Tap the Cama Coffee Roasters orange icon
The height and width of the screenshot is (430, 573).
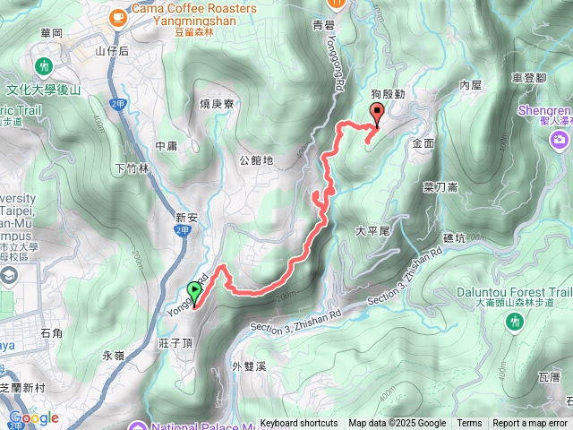pyautogui.click(x=117, y=16)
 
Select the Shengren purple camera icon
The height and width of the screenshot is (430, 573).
pyautogui.click(x=560, y=140)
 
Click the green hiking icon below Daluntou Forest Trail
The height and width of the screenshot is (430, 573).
pyautogui.click(x=515, y=321)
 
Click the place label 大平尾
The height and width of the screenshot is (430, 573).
pyautogui.click(x=372, y=230)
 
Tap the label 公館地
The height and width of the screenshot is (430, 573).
pyautogui.click(x=256, y=160)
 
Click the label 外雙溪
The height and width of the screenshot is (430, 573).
pyautogui.click(x=249, y=365)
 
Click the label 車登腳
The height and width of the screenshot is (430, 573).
pyautogui.click(x=529, y=78)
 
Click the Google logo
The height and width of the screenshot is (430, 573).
pyautogui.click(x=33, y=417)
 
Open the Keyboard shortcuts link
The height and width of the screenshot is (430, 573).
pyautogui.click(x=299, y=424)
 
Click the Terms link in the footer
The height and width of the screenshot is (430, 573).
pyautogui.click(x=469, y=424)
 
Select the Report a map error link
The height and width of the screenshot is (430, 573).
pyautogui.click(x=530, y=424)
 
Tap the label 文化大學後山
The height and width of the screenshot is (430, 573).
pyautogui.click(x=44, y=90)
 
